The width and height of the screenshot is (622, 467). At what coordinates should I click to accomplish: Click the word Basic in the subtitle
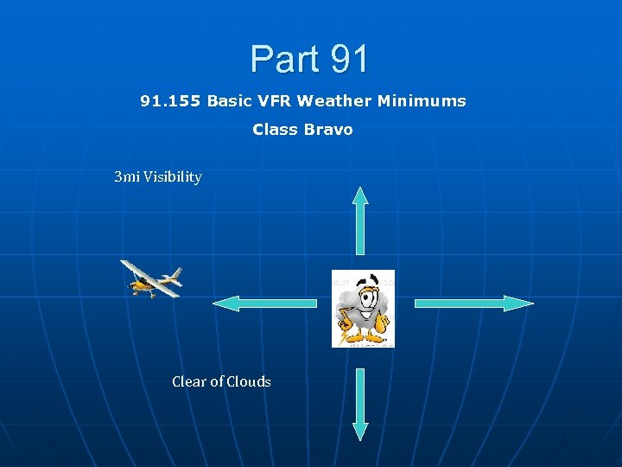click(229, 101)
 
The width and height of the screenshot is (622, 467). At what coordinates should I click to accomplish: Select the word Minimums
click(422, 101)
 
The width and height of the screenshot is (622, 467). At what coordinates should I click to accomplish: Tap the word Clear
click(190, 381)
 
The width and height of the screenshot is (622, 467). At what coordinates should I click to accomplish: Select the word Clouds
click(248, 381)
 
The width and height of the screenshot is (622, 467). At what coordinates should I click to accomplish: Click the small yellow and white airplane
click(152, 278)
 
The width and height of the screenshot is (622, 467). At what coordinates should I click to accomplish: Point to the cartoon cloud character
click(363, 309)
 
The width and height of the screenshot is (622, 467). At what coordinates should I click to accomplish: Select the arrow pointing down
click(361, 405)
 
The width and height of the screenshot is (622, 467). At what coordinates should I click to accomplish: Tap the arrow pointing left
click(266, 303)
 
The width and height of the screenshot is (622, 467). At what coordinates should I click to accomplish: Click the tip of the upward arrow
click(361, 189)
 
